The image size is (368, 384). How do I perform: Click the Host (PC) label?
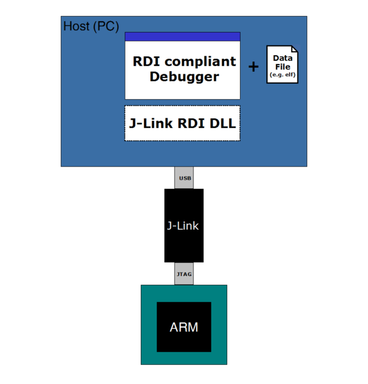[91, 26]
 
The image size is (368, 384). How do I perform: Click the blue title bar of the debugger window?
[182, 36]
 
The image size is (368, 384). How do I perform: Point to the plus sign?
[253, 67]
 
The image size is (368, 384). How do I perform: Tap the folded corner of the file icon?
[294, 50]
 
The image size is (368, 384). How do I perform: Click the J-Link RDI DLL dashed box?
[182, 123]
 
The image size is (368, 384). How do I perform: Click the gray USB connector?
[184, 177]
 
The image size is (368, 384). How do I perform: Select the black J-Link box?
[184, 225]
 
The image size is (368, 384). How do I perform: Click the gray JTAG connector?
[184, 274]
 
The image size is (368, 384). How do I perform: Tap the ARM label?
[184, 327]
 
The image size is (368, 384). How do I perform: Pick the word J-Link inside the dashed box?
[152, 123]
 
